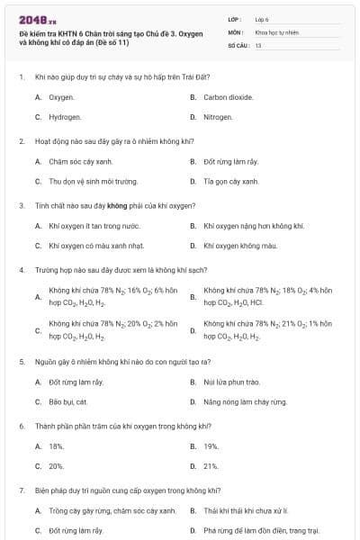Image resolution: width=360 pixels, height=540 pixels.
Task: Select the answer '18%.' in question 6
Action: coord(57,446)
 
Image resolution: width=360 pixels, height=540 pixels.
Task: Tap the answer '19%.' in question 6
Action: coord(211,446)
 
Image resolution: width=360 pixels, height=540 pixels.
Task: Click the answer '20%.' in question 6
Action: coord(57,466)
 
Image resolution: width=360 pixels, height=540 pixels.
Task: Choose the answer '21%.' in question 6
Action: coord(211,466)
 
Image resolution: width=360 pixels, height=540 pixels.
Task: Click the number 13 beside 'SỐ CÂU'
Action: coord(258,44)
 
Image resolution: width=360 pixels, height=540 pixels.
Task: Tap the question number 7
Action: coord(21,490)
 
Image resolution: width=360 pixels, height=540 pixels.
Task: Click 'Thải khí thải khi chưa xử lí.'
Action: coord(247,510)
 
